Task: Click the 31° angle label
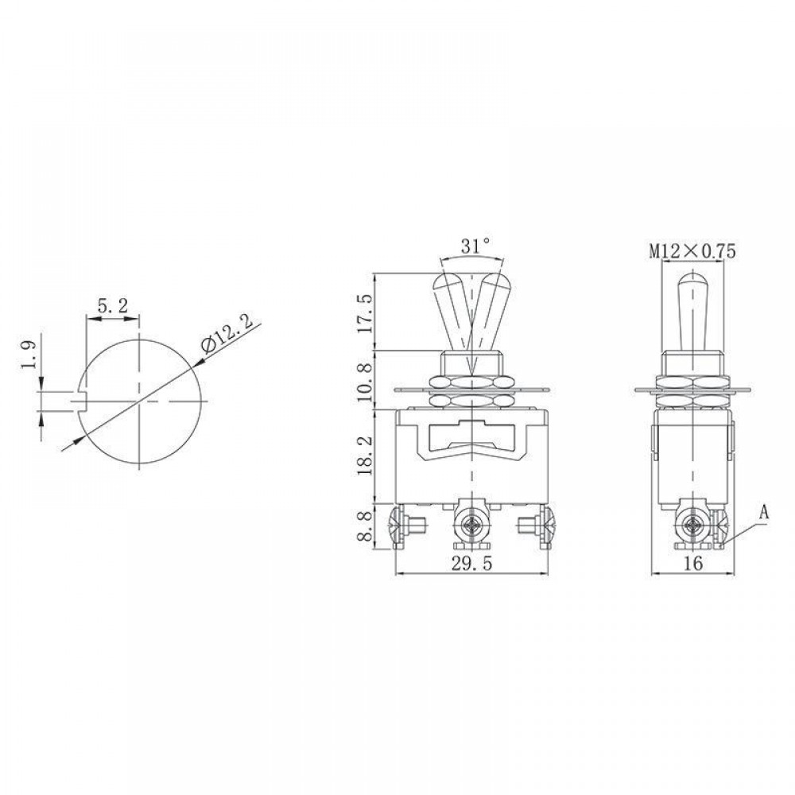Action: coord(475,246)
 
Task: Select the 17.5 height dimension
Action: coord(365,312)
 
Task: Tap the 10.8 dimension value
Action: coord(365,381)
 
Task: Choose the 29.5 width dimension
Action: coord(472,564)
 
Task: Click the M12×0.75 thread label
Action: coord(692,251)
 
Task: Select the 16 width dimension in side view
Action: coord(692,564)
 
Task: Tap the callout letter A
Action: coord(763,513)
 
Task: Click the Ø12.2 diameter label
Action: coord(227,335)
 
